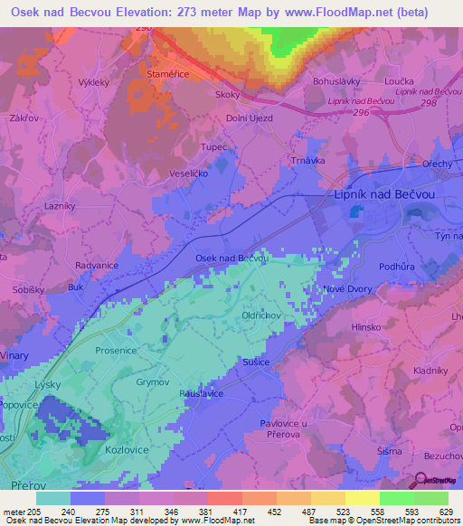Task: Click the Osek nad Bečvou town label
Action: coord(232,258)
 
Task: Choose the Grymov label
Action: coord(153,382)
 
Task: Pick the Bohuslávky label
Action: coord(337,80)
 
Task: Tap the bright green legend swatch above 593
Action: coord(397,498)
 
